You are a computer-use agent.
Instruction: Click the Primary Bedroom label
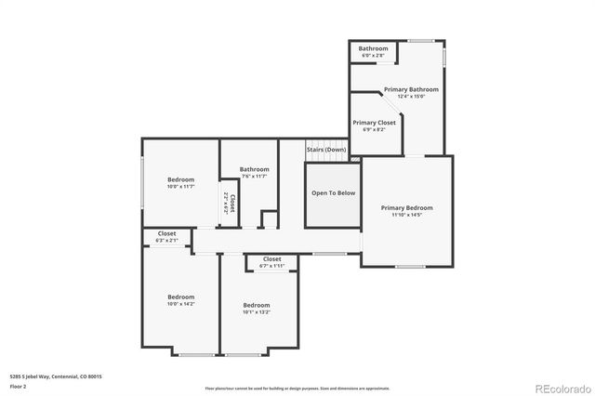(x=406, y=208)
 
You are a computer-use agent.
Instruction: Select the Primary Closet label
(x=374, y=123)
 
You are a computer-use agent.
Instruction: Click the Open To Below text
(x=333, y=193)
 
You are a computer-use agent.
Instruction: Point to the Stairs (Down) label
(x=326, y=150)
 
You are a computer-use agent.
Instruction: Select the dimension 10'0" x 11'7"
(x=180, y=187)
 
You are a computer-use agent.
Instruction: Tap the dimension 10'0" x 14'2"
(x=180, y=304)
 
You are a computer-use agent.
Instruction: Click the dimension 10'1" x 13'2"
(x=256, y=312)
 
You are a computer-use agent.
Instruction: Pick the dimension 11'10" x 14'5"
(x=406, y=216)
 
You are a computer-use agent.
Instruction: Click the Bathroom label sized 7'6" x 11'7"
(x=254, y=169)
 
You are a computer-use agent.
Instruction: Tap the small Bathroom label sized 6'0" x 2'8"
(x=374, y=48)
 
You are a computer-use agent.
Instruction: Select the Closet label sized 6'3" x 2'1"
(x=167, y=233)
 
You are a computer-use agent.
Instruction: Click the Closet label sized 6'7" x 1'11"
(x=272, y=259)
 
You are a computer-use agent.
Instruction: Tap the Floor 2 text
(x=19, y=385)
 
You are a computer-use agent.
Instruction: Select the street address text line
(x=55, y=376)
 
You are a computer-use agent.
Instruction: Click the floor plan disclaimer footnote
(x=297, y=388)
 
